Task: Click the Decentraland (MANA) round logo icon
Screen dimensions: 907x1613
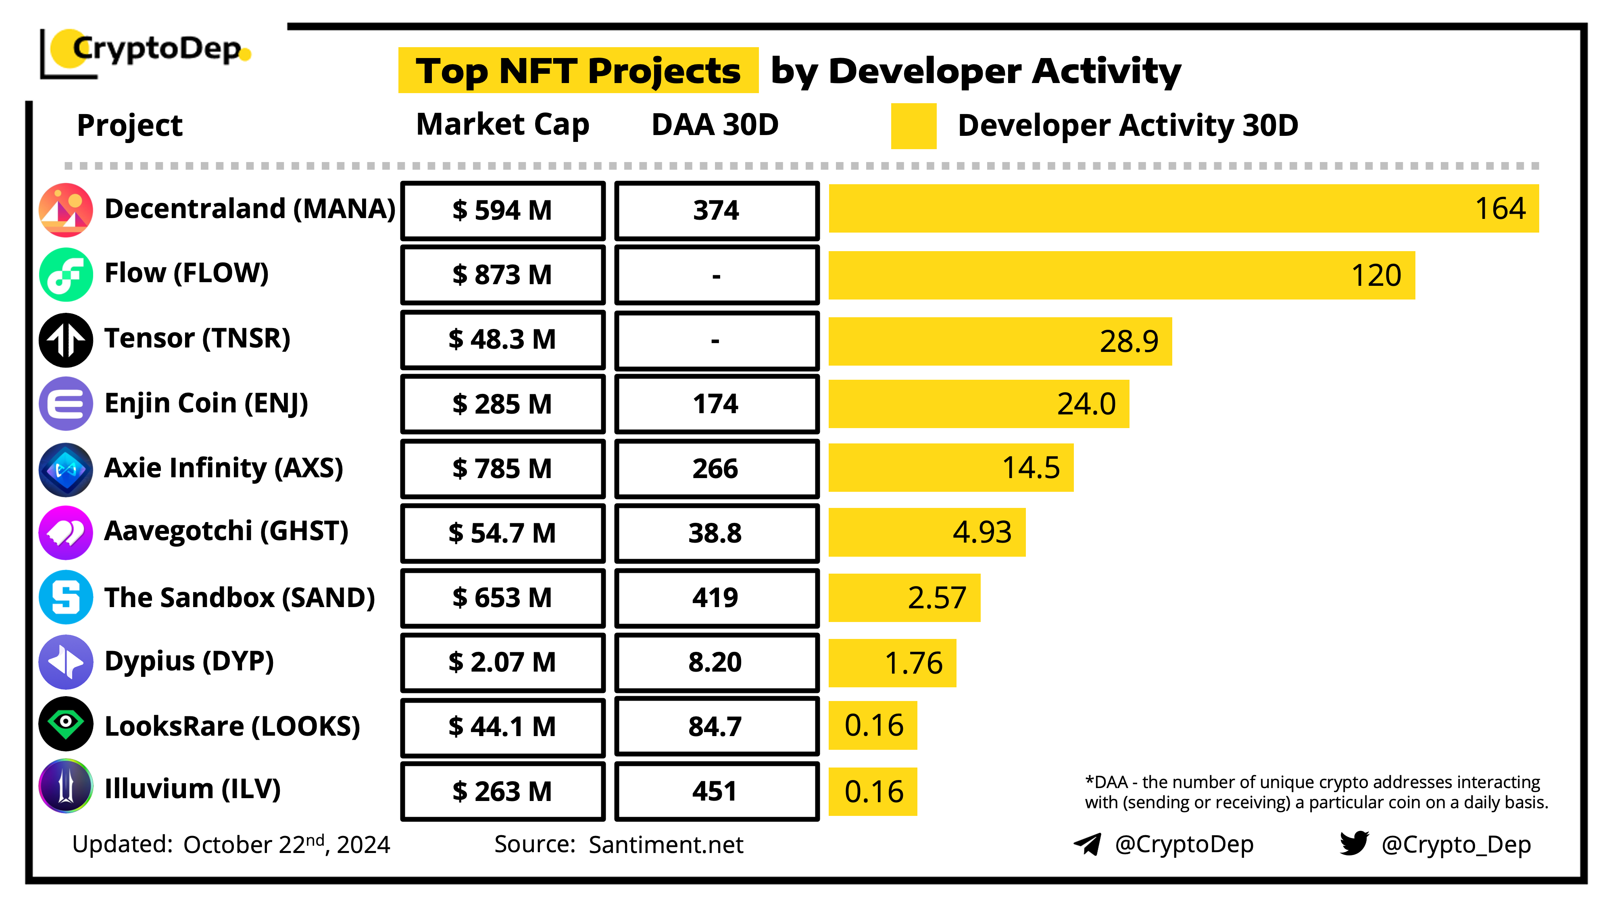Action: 66,210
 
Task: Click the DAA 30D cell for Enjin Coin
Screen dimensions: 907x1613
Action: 716,404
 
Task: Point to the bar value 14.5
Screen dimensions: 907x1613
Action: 1031,468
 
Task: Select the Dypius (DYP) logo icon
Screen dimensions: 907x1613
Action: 66,662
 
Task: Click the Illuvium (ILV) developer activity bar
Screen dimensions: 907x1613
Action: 872,791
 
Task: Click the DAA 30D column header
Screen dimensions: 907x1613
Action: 715,125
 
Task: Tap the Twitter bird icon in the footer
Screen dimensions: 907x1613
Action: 1354,843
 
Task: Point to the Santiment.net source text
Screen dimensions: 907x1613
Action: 666,845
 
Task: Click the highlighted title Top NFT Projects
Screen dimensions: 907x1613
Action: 577,71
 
